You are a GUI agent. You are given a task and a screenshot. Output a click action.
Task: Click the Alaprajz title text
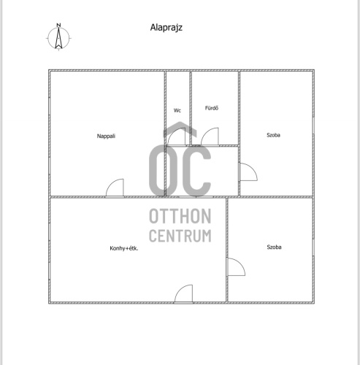tap(166, 28)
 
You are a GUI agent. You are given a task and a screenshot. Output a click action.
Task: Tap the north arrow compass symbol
tap(58, 38)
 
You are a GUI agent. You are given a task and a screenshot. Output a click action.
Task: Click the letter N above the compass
tap(58, 25)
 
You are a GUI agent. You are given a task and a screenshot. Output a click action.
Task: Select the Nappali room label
tap(106, 136)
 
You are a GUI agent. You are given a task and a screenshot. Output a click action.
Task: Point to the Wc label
tap(177, 110)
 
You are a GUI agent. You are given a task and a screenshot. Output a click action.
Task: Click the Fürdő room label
tap(212, 108)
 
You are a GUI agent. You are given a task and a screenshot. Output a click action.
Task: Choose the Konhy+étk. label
tap(124, 248)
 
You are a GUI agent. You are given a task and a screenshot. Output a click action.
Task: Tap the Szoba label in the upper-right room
tap(273, 135)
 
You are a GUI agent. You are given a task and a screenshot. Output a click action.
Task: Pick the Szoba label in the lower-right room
tap(274, 247)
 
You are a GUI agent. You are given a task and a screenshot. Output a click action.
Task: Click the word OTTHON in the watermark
tap(180, 216)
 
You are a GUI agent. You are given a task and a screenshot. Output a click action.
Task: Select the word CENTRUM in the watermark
tap(180, 236)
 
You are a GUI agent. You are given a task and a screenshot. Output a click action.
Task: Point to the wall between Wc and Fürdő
tap(191, 109)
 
